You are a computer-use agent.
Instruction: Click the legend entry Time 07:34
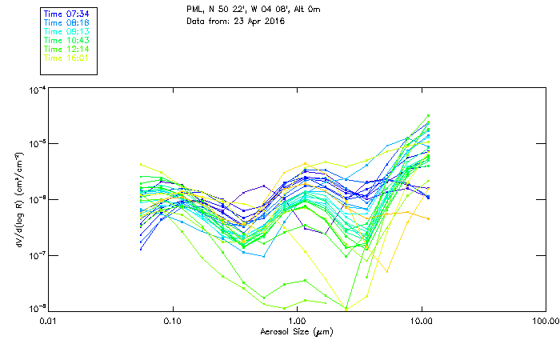(66, 14)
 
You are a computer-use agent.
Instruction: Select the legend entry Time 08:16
(66, 22)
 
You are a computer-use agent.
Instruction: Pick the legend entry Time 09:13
(66, 31)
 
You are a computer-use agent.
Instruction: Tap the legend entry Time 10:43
(66, 40)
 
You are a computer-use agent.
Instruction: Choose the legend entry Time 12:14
(66, 49)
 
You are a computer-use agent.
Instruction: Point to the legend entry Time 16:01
(66, 58)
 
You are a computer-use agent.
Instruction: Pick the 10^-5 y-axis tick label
(35, 144)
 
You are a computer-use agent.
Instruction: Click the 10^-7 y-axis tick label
(35, 255)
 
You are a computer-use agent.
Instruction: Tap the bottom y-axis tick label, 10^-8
(35, 308)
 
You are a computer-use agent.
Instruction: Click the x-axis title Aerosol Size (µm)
(297, 330)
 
